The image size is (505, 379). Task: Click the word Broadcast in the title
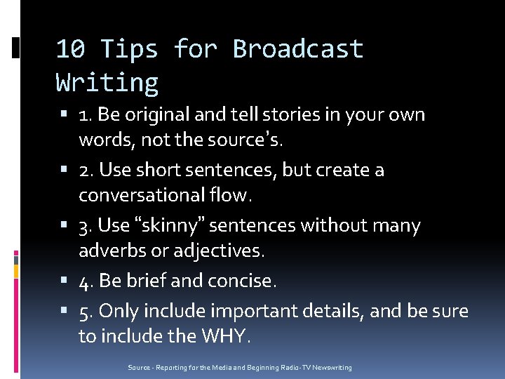(x=298, y=49)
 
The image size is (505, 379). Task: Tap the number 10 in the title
(x=71, y=49)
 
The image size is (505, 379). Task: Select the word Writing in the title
(x=107, y=83)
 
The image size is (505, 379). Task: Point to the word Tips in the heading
(x=129, y=49)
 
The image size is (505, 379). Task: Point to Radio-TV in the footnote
(x=298, y=368)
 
